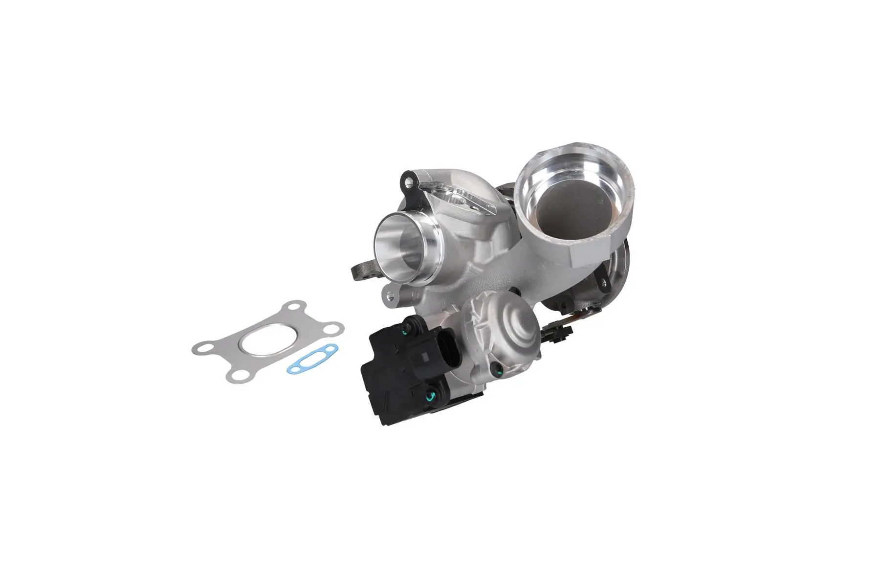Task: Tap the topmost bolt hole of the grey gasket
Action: [x=294, y=309]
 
